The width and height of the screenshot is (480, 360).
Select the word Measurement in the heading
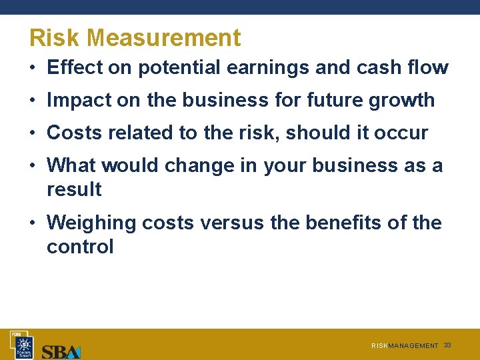(x=163, y=38)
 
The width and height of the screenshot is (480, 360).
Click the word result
(x=74, y=189)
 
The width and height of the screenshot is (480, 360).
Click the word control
(x=80, y=247)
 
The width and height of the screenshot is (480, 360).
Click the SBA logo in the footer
(x=61, y=351)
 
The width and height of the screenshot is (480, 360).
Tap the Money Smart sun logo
(x=23, y=345)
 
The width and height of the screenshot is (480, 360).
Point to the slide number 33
(x=447, y=345)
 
